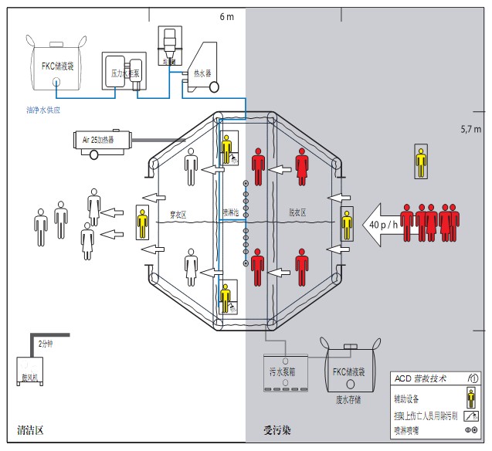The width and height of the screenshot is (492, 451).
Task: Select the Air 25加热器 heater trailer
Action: [98, 141]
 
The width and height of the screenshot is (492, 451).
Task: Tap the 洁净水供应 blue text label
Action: [42, 110]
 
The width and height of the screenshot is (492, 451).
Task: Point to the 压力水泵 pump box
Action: [124, 73]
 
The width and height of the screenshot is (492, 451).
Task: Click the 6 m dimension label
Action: [226, 17]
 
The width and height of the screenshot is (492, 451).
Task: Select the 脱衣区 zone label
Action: [297, 211]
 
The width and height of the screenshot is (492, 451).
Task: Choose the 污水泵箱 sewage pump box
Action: [286, 371]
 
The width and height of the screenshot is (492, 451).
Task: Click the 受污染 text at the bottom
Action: [277, 429]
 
